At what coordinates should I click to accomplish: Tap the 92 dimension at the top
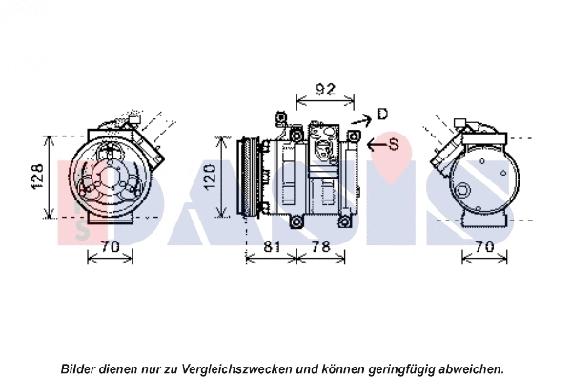pos(326,91)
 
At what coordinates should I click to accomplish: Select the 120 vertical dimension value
pos(222,177)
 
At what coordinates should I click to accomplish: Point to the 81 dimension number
pos(272,248)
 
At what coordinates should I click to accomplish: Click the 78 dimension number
pos(322,248)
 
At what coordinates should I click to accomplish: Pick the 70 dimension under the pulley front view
pos(110,248)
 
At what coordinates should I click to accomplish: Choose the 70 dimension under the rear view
pos(484,248)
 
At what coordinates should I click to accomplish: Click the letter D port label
pos(382,115)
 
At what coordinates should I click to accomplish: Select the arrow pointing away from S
pos(374,144)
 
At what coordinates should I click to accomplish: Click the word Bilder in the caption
pos(80,367)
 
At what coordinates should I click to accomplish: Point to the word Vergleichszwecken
pos(238,367)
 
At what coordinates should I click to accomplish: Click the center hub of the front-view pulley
pos(108,177)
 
